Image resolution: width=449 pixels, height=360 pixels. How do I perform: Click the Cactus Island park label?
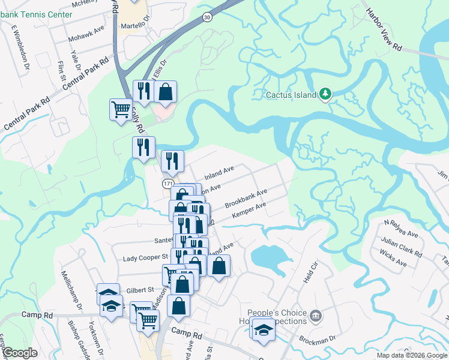point(292,95)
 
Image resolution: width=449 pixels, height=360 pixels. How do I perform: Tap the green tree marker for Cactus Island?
point(325,94)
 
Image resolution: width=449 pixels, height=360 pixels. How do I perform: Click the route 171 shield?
point(169,182)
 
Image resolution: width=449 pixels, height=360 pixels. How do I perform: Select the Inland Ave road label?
point(219,174)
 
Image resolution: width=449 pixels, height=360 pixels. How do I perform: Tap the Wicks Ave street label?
point(393,260)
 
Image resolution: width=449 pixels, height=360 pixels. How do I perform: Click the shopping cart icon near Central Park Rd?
point(121,110)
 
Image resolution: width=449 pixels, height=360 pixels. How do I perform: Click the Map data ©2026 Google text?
point(411,355)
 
